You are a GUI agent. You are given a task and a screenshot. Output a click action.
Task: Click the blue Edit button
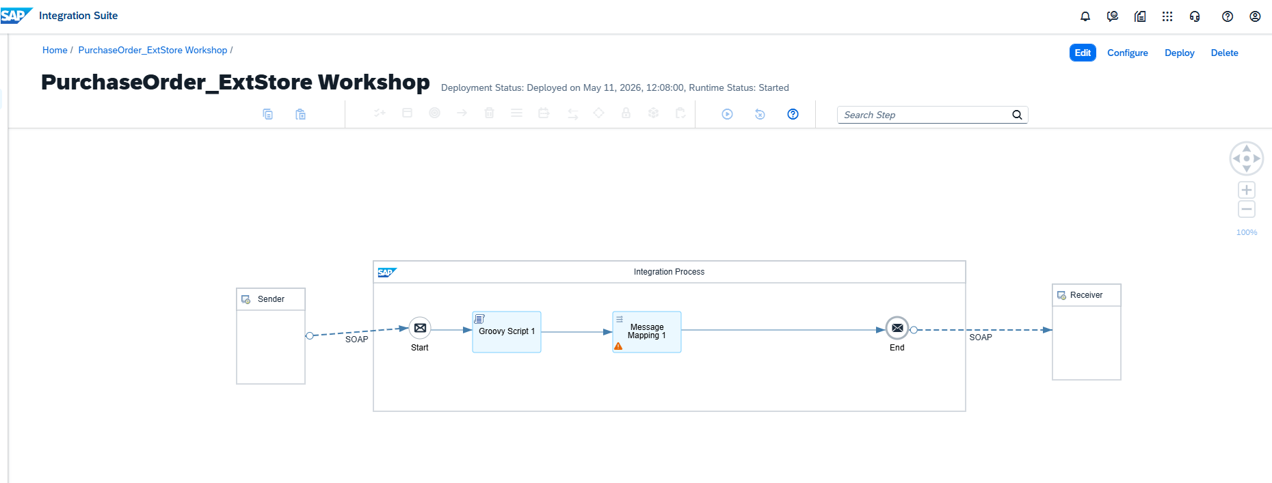tap(1083, 53)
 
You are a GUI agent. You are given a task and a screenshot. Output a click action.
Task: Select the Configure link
tap(1128, 53)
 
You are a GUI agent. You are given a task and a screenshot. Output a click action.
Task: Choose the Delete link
tap(1224, 53)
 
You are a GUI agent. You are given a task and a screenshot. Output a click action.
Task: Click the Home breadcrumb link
tap(55, 50)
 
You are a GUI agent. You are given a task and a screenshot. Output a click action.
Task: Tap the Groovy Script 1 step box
tap(507, 332)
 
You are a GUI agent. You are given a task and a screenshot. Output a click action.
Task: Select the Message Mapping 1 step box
tap(647, 332)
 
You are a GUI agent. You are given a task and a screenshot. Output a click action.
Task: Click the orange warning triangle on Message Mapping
tap(618, 346)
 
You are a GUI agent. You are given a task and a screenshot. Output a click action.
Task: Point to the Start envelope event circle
tap(420, 328)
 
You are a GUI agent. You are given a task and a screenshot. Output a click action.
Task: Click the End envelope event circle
tap(897, 328)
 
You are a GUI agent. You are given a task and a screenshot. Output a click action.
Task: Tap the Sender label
tap(271, 299)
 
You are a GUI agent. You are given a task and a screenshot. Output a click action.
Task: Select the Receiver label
tap(1086, 295)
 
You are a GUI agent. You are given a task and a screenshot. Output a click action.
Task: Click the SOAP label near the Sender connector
tap(356, 340)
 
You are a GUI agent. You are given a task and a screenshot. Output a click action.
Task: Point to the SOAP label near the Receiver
tap(981, 337)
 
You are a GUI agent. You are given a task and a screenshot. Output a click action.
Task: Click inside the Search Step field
tap(923, 115)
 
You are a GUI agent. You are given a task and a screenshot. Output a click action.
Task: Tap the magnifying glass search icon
tap(1017, 115)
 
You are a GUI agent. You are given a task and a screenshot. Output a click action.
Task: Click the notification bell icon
tap(1085, 16)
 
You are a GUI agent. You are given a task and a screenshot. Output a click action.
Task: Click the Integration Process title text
tap(669, 272)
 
